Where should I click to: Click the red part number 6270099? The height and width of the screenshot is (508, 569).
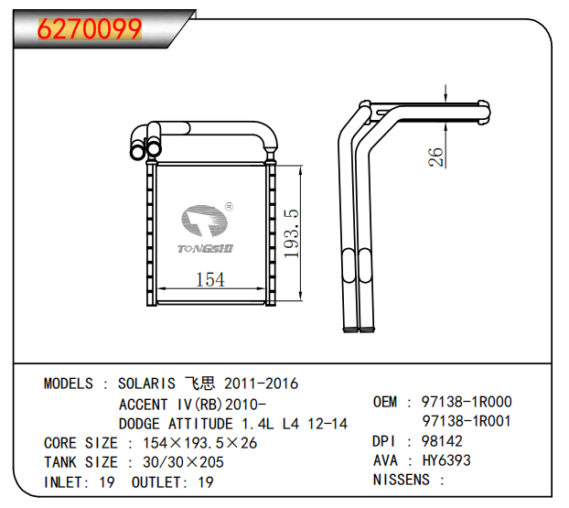(90, 28)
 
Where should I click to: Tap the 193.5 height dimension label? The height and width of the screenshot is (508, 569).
(291, 233)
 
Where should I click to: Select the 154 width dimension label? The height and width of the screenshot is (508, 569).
(210, 279)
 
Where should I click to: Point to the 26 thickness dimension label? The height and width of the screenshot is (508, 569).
(435, 157)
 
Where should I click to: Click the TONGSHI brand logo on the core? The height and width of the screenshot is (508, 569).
(206, 229)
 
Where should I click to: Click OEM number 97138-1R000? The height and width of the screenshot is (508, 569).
(467, 402)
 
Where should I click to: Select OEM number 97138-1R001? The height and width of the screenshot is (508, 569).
(467, 421)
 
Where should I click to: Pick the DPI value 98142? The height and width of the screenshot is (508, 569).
(442, 441)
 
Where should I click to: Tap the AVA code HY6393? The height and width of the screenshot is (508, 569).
(446, 460)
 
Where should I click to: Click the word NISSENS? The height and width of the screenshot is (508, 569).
(402, 480)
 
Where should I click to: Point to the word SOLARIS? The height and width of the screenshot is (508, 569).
(146, 384)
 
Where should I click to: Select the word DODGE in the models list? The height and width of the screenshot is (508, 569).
(139, 424)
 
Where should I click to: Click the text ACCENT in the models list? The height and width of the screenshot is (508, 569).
(144, 405)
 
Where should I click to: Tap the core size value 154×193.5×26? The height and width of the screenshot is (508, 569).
(200, 443)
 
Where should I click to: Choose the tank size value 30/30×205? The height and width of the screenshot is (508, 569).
(183, 462)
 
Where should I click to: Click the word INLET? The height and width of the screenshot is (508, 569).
(64, 482)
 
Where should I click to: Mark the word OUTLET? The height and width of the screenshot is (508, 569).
(157, 482)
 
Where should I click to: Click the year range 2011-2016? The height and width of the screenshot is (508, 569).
(262, 384)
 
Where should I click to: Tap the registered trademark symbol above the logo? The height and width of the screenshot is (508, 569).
(229, 207)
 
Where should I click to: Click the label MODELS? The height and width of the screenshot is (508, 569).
(69, 384)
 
